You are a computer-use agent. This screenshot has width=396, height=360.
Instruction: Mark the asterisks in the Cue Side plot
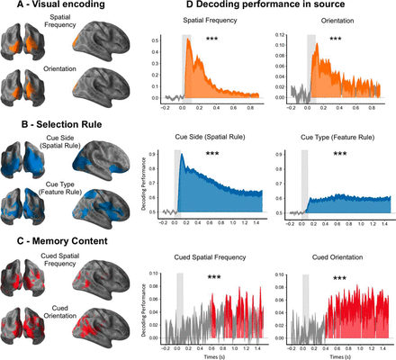212,155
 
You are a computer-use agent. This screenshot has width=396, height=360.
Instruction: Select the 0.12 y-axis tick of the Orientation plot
280,36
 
